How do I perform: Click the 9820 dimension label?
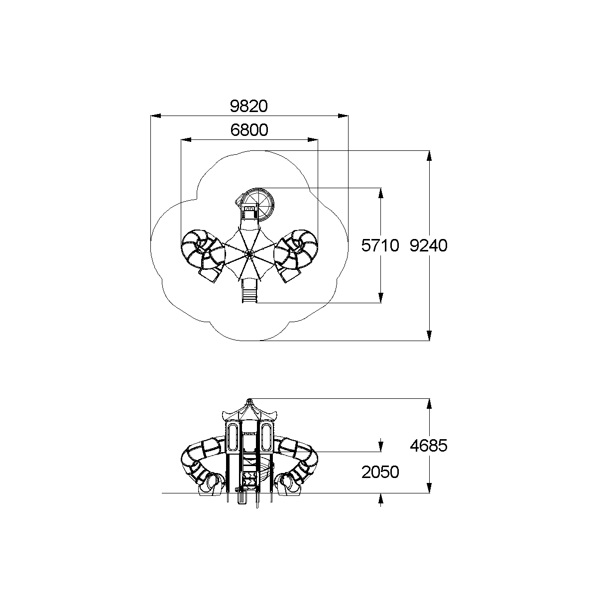[248, 107]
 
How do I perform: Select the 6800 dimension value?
[249, 130]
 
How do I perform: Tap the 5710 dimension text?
[380, 246]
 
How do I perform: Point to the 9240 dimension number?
[429, 246]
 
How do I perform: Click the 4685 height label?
[429, 446]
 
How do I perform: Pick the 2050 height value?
[380, 473]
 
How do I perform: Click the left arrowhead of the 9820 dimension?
[156, 116]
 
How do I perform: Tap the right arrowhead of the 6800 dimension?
[313, 140]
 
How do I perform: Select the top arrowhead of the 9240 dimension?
[429, 156]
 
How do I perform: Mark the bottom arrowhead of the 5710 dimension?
[381, 298]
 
